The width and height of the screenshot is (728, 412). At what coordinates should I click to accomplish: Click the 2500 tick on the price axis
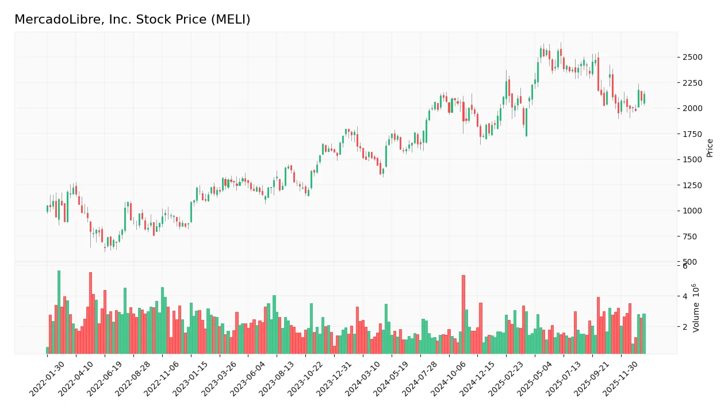tap(692, 57)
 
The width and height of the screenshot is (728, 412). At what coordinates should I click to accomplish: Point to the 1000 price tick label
tap(692, 211)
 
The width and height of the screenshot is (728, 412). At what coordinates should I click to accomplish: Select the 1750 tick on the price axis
tap(692, 134)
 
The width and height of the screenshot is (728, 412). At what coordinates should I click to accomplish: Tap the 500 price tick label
tap(690, 262)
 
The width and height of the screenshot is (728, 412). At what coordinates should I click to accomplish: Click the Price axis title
tap(710, 148)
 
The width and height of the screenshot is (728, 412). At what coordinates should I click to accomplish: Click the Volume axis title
tap(696, 307)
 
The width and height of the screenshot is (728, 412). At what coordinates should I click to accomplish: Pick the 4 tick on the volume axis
tap(685, 296)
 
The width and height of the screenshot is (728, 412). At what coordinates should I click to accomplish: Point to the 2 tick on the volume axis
tap(685, 327)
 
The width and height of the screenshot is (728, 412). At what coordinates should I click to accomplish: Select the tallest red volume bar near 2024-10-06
tap(463, 314)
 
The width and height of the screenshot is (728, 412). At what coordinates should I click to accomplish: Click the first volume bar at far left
tap(48, 350)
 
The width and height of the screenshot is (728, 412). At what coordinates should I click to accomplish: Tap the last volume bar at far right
tap(644, 334)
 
